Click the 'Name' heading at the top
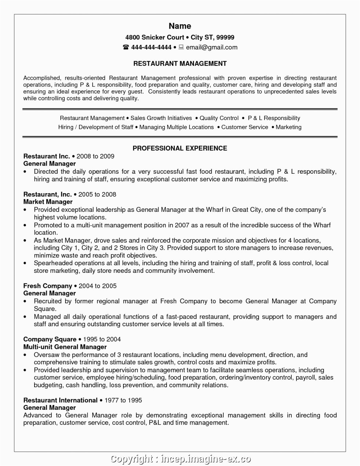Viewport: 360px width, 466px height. [x=180, y=26]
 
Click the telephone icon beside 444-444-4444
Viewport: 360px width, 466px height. [x=126, y=47]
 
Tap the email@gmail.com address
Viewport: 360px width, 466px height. [x=212, y=47]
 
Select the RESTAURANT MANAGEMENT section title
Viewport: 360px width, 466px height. [x=180, y=64]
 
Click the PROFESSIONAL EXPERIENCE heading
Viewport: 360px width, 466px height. [x=180, y=148]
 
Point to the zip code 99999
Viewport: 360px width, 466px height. [x=225, y=37]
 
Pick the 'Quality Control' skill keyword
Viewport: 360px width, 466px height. [x=219, y=118]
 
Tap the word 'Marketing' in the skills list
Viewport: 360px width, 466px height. [x=288, y=127]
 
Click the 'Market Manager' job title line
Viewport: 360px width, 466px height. [x=48, y=202]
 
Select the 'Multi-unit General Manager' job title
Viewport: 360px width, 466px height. [x=65, y=347]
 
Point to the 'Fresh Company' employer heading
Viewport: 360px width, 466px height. [x=47, y=286]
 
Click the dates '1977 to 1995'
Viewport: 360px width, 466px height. [x=123, y=400]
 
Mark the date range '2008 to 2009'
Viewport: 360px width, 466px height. [x=95, y=156]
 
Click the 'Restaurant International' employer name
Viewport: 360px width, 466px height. [x=60, y=400]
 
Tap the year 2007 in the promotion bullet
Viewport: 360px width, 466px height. [x=182, y=225]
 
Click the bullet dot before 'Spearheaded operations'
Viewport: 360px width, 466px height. [x=25, y=263]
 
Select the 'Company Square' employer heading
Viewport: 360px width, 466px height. [x=50, y=339]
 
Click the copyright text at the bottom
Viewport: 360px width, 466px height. [x=180, y=459]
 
